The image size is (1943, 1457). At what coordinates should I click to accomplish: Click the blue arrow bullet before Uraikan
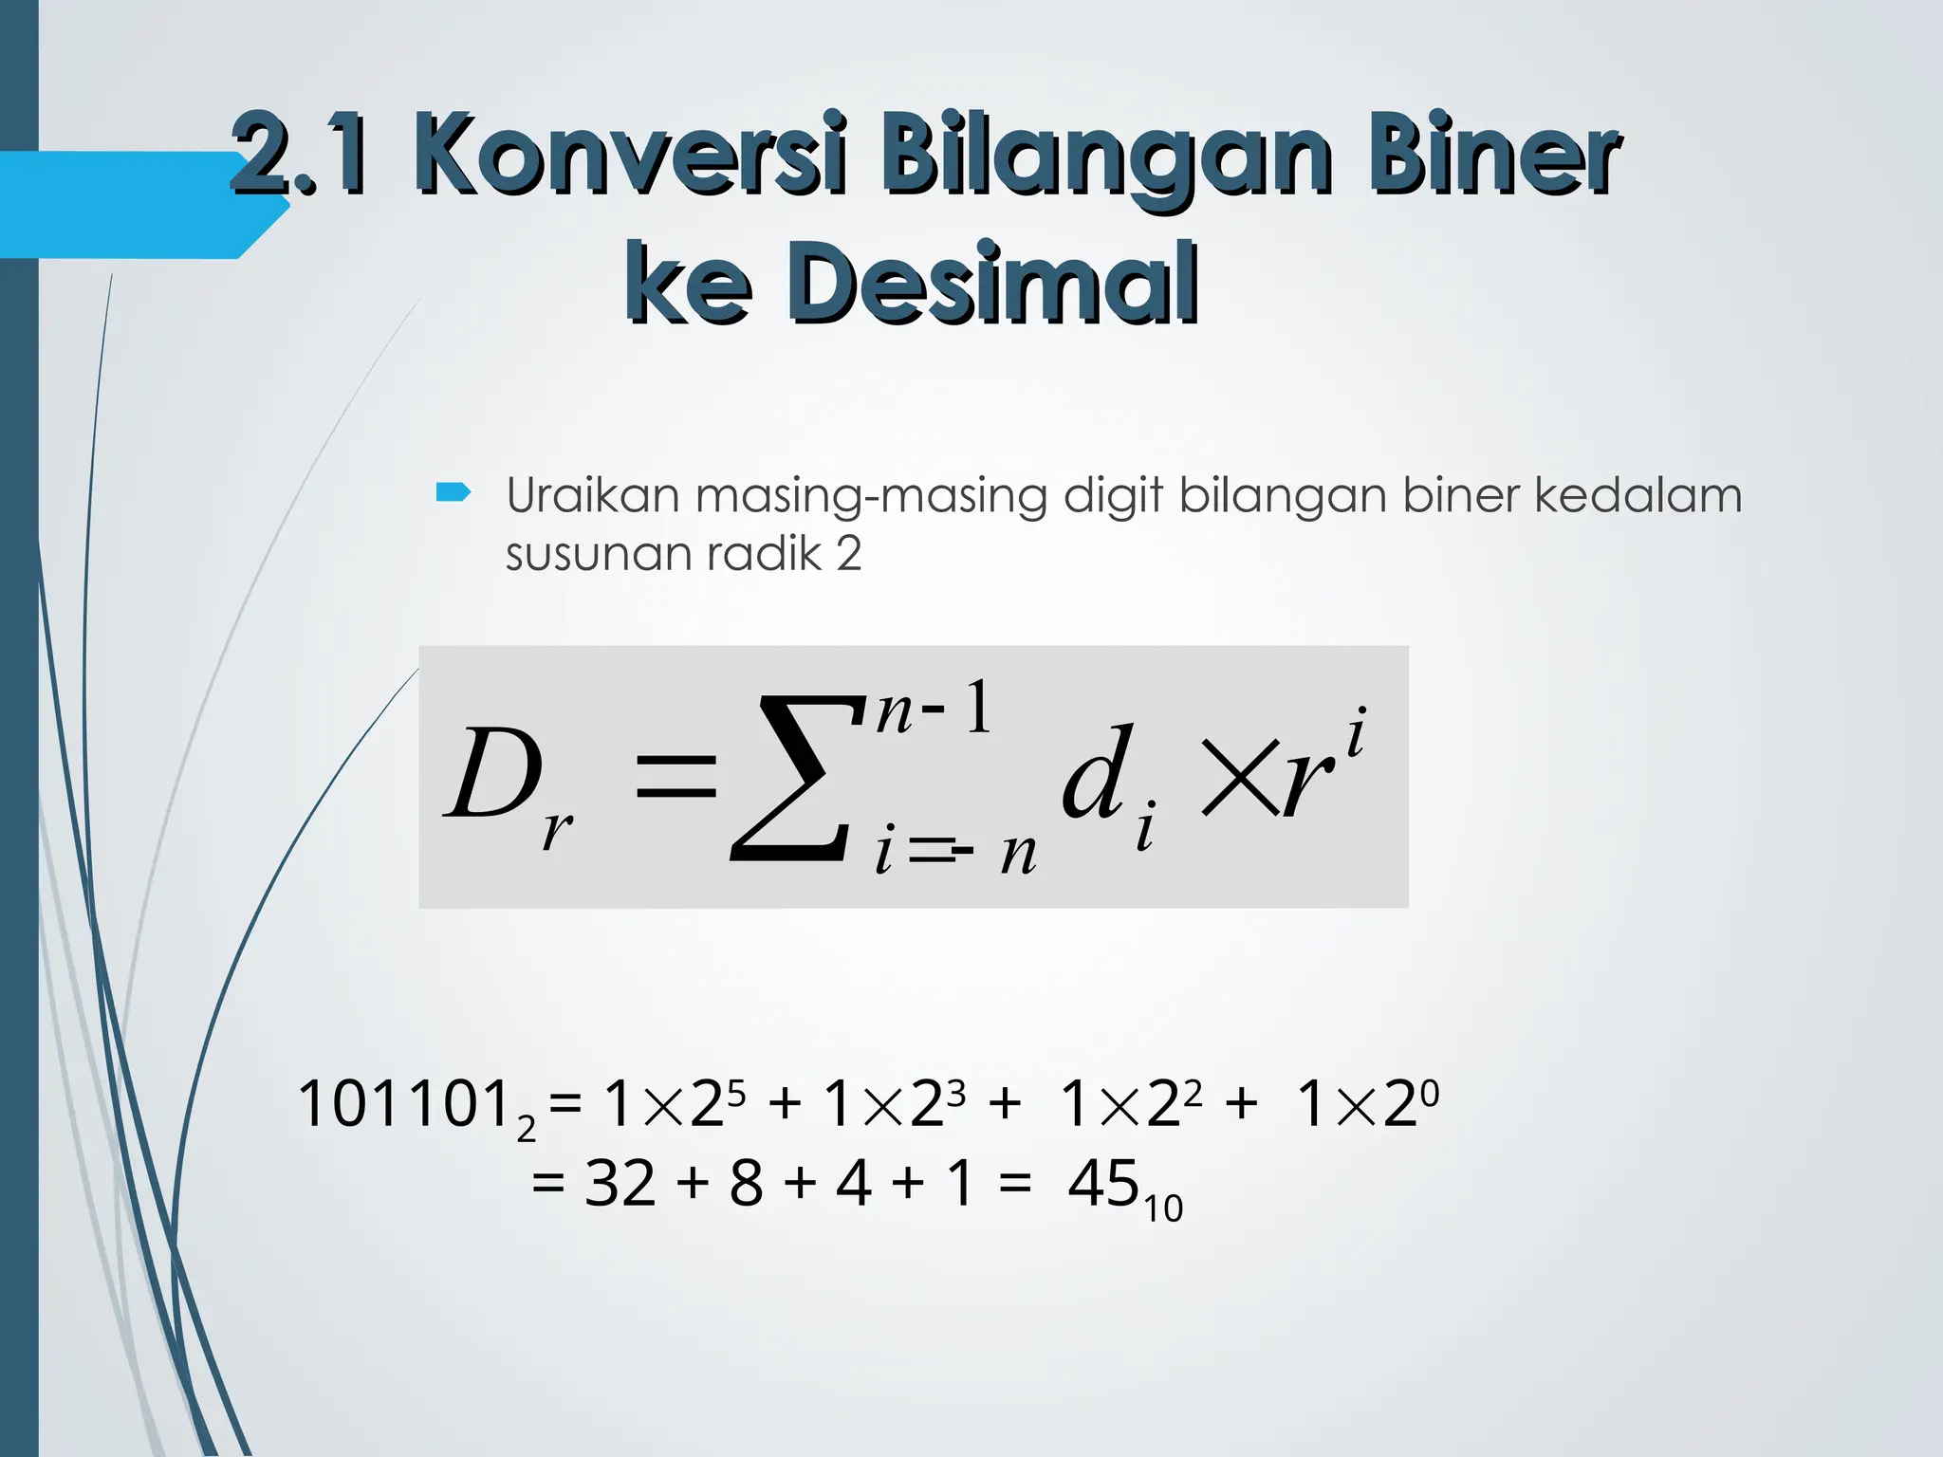click(453, 491)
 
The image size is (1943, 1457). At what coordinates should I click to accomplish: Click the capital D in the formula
click(493, 773)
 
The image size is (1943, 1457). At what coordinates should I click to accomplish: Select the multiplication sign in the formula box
click(1239, 778)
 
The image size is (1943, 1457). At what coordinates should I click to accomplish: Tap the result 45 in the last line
click(1102, 1184)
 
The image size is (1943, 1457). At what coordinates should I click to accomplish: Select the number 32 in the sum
click(620, 1184)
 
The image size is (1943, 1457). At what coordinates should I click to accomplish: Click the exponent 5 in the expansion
click(737, 1094)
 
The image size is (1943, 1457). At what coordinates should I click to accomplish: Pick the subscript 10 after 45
click(1163, 1209)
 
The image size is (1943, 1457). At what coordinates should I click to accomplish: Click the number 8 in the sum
click(747, 1184)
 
